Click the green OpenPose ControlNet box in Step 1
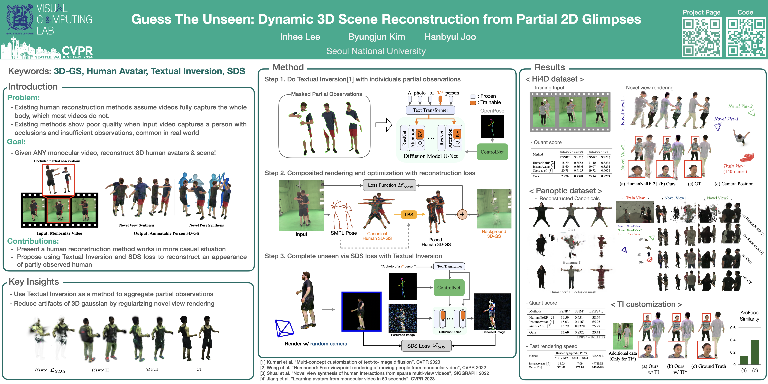(492, 152)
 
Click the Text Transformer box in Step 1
(430, 110)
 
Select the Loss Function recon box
(389, 185)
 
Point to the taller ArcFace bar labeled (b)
(755, 352)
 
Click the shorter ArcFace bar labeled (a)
(744, 360)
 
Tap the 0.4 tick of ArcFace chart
(733, 340)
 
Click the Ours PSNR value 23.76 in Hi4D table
(565, 176)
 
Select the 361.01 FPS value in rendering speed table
(561, 367)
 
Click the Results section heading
(549, 67)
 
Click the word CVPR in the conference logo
(77, 51)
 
